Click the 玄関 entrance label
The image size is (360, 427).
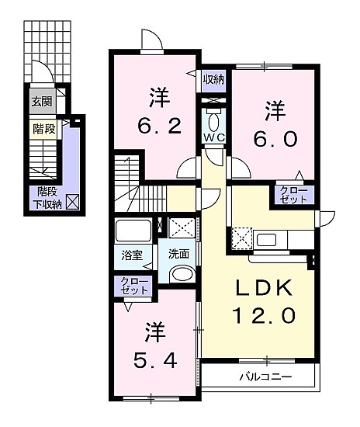pyautogui.click(x=42, y=102)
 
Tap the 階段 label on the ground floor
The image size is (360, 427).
pyautogui.click(x=43, y=129)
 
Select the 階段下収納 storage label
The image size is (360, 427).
pyautogui.click(x=47, y=198)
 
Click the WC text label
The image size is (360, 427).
pyautogui.click(x=214, y=137)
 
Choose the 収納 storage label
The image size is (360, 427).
pyautogui.click(x=214, y=79)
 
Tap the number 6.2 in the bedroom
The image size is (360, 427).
pyautogui.click(x=160, y=126)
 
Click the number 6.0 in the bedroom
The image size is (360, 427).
pyautogui.click(x=275, y=140)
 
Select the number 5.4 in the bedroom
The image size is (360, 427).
pyautogui.click(x=155, y=360)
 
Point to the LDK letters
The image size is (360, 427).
pyautogui.click(x=263, y=287)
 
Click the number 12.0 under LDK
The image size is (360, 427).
pyautogui.click(x=263, y=315)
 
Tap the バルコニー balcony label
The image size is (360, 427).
pyautogui.click(x=265, y=377)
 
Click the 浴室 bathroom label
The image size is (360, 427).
pyautogui.click(x=132, y=255)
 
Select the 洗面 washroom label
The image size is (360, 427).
pyautogui.click(x=178, y=254)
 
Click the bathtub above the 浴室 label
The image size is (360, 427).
pyautogui.click(x=133, y=230)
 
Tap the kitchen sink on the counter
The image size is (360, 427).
pyautogui.click(x=266, y=240)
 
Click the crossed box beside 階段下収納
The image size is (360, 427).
pyautogui.click(x=73, y=202)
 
